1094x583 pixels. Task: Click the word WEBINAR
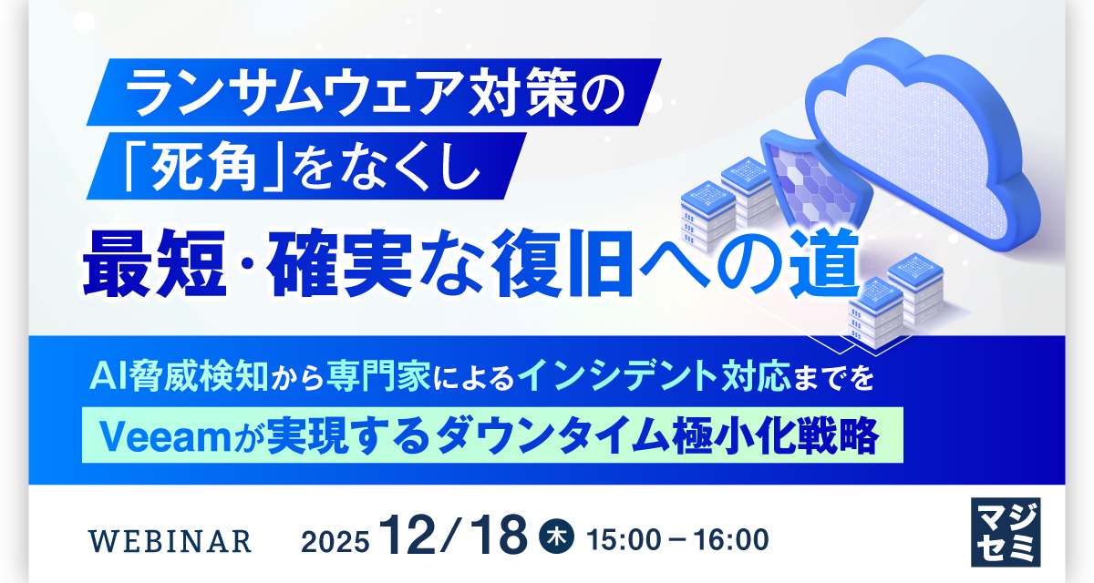click(170, 541)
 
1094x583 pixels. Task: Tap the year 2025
click(335, 542)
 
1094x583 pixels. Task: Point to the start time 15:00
click(623, 540)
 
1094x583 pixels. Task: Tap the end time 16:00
click(731, 540)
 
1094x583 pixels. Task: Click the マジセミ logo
click(1006, 532)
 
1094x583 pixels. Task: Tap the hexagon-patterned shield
click(816, 181)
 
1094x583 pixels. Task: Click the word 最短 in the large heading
click(155, 264)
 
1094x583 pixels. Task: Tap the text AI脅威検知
click(179, 377)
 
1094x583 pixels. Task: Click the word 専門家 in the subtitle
click(378, 376)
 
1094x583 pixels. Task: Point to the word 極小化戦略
click(776, 436)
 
